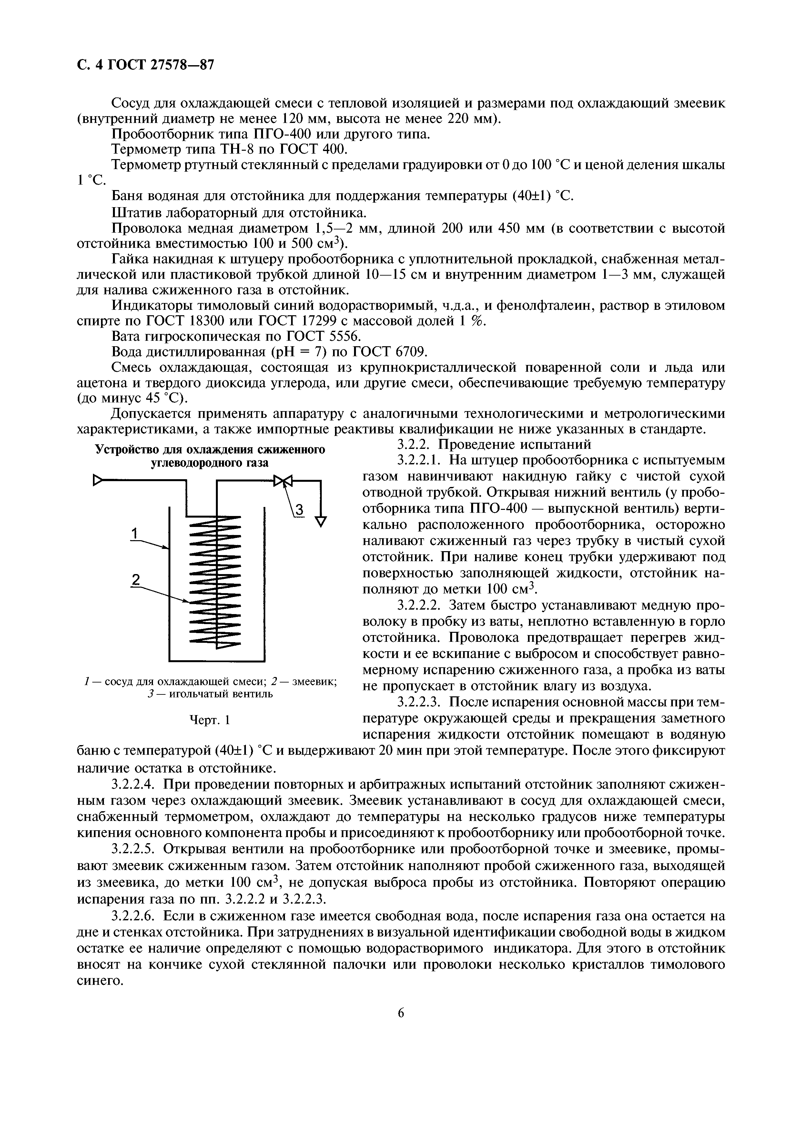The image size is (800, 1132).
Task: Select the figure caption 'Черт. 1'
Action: (x=210, y=720)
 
